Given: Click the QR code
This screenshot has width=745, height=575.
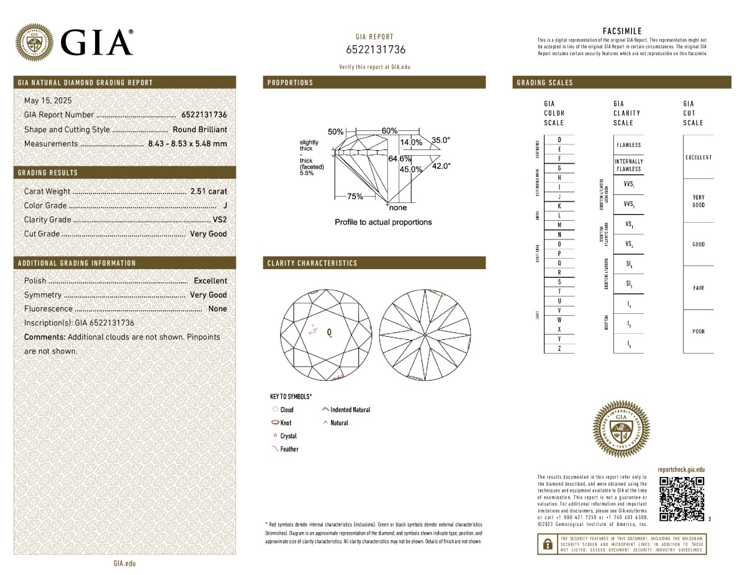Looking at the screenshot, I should pos(682,499).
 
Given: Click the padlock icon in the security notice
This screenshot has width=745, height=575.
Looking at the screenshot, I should pos(548,544).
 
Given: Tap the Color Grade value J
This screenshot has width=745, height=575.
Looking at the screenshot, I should pos(224,206).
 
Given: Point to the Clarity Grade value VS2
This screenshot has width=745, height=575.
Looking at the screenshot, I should pos(220,220).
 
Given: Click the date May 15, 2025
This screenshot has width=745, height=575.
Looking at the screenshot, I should pos(48,100).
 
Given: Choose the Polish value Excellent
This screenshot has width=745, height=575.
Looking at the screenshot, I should pos(210,281).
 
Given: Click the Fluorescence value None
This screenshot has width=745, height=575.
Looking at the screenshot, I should pos(217,309).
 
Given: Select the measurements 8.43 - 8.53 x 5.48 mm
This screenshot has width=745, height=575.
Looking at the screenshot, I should pos(187,144).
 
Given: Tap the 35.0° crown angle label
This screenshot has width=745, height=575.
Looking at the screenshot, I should pos(441,140).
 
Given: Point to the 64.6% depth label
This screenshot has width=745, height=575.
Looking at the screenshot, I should pos(400,159).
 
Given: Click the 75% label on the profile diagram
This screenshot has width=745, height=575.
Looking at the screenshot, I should pos(355,197).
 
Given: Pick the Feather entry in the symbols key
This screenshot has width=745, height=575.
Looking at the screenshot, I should pos(289,449).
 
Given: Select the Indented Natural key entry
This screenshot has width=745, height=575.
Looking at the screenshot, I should pos(350,410).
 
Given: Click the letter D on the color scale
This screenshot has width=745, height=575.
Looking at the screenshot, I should pos(559,140).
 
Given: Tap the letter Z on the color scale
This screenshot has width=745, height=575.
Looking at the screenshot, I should pos(559,349).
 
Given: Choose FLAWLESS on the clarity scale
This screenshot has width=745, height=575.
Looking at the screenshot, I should pos(629,145).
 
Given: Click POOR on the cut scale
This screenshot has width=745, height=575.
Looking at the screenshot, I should pos(698,331).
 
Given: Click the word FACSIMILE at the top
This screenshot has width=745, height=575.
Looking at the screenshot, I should pos(622,31).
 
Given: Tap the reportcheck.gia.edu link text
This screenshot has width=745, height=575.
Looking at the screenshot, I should pos(681,470).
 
